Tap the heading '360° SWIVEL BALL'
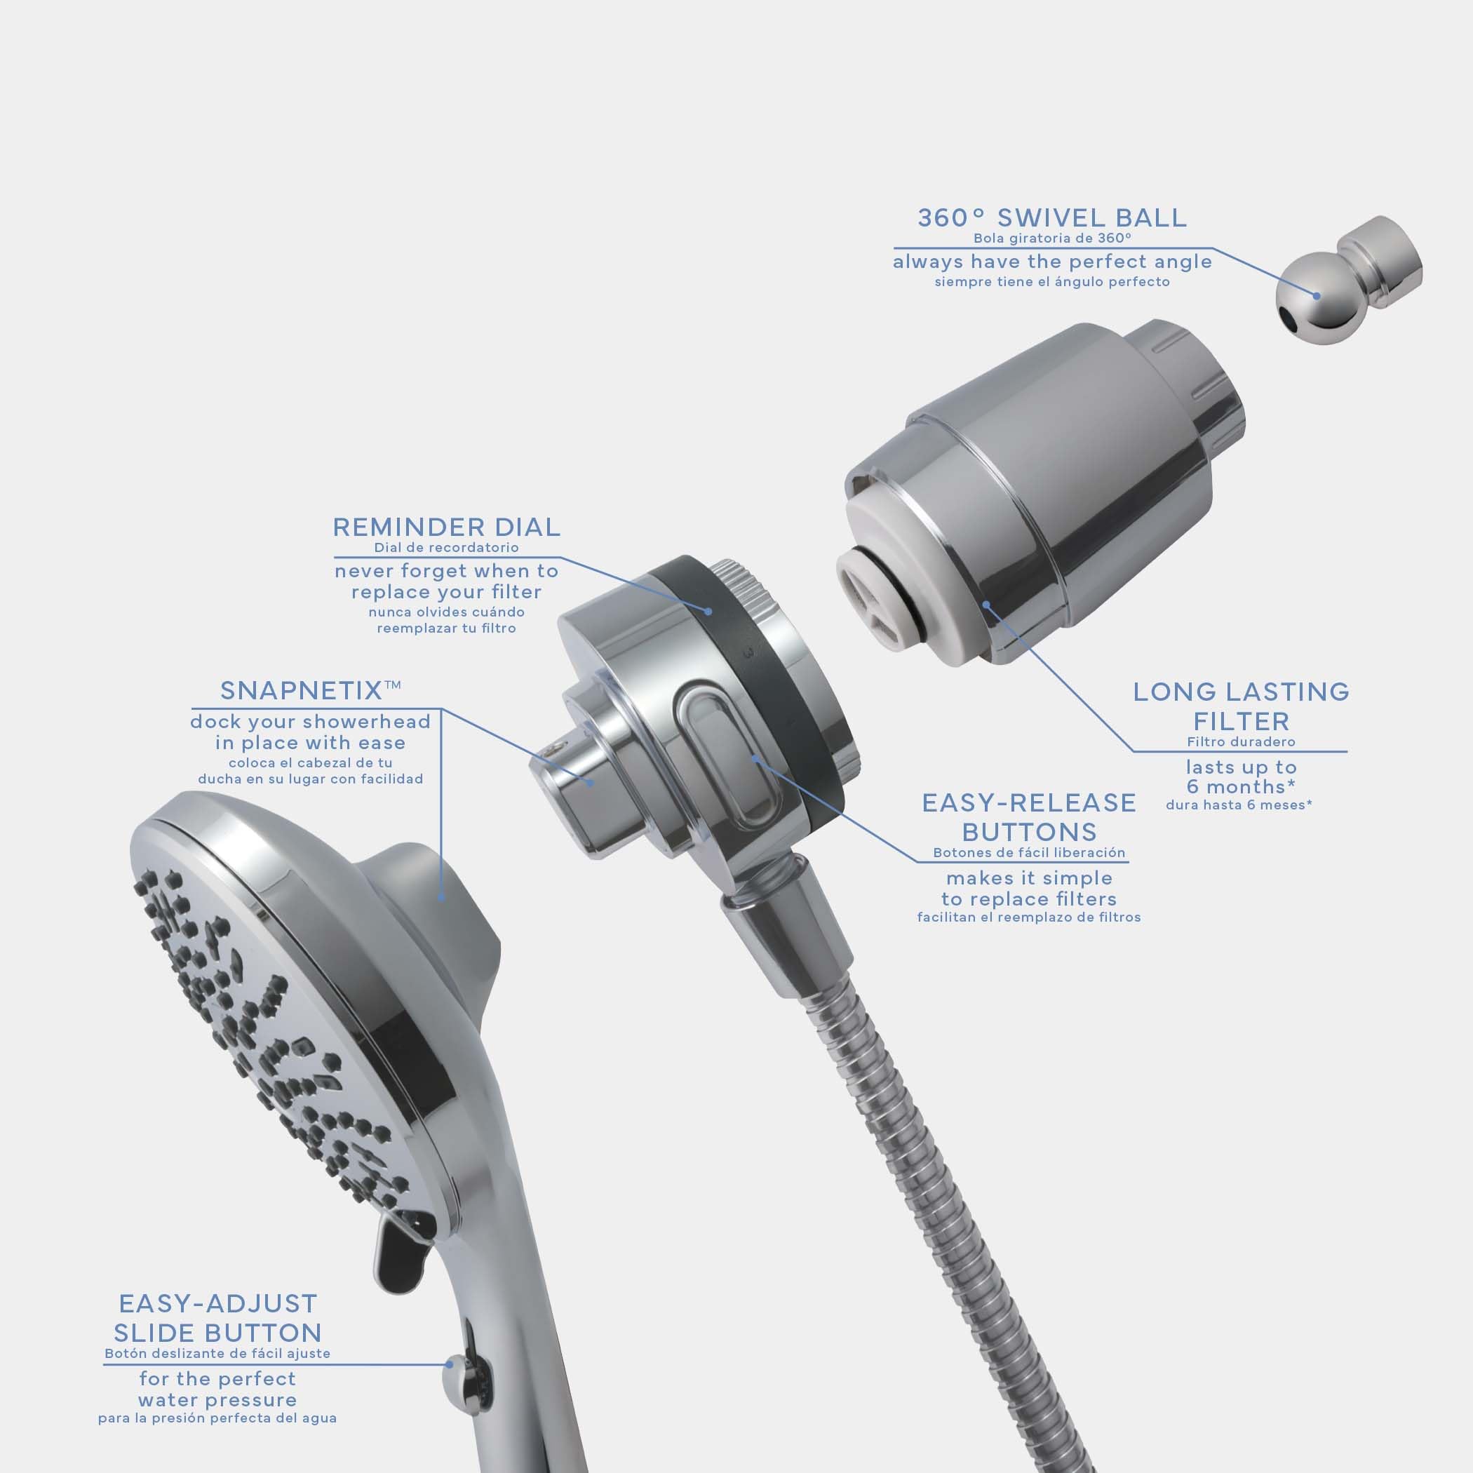(x=1052, y=218)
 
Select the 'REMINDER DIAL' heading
(x=446, y=527)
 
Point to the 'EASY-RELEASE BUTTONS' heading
(x=1028, y=816)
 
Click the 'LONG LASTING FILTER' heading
(x=1242, y=706)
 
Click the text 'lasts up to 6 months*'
(x=1242, y=777)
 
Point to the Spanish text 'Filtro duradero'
(x=1242, y=741)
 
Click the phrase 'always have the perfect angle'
(x=1052, y=262)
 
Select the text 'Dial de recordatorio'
(x=446, y=547)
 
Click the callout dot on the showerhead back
(x=442, y=897)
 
